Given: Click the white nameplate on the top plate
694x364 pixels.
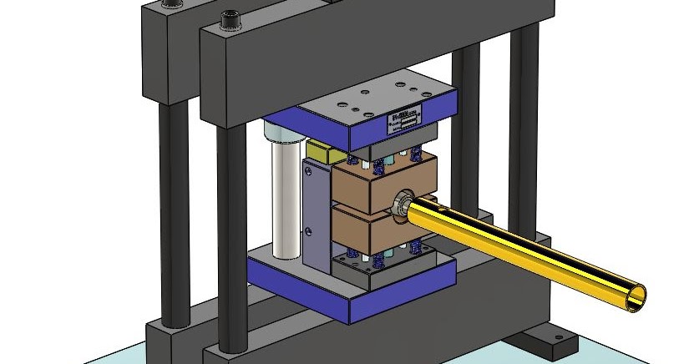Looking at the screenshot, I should [406, 119].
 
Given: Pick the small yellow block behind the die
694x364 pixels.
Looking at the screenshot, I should [318, 152].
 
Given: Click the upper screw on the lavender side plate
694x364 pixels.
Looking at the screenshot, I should [309, 171].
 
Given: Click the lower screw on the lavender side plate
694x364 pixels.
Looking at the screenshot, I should [308, 230].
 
